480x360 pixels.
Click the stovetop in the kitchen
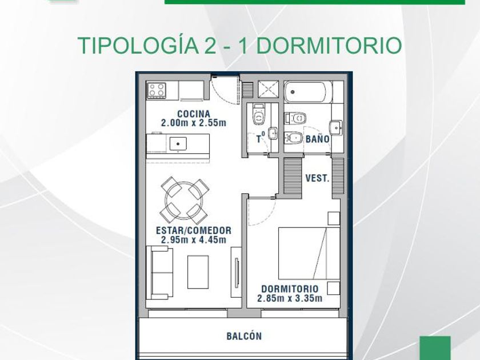(157, 90)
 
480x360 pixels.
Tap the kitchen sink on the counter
(178, 143)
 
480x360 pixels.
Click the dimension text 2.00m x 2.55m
(194, 123)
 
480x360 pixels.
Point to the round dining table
(185, 200)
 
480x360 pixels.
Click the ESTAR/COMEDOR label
(194, 230)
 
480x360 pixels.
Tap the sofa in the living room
(160, 273)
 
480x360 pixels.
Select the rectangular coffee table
(198, 272)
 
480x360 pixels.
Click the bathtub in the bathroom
(308, 92)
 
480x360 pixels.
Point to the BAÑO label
(318, 139)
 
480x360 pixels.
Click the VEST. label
(318, 178)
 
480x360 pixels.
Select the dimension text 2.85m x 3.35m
(290, 298)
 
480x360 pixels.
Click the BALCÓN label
(244, 336)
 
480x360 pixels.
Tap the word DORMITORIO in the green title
(329, 45)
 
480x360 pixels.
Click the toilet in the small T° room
(259, 115)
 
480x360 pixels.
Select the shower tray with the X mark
(268, 89)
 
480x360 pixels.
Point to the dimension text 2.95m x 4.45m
(194, 239)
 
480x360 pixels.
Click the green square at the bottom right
(435, 348)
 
